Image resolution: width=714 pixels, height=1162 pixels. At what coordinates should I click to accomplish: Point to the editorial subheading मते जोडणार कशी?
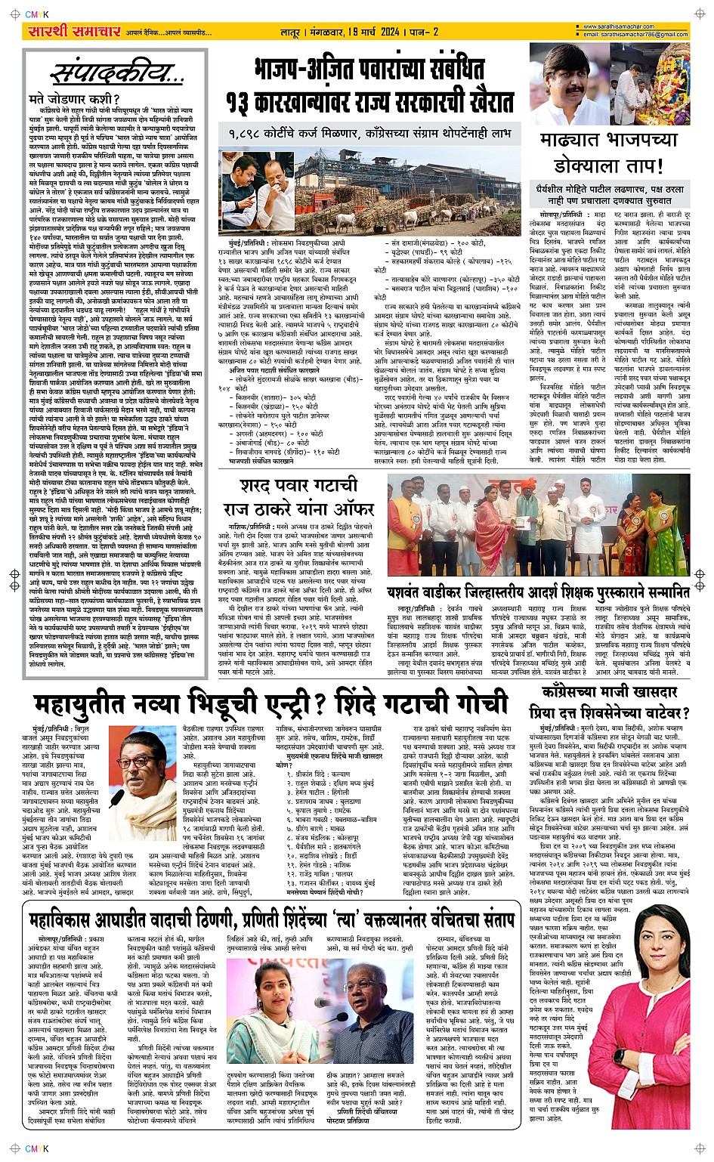[73, 99]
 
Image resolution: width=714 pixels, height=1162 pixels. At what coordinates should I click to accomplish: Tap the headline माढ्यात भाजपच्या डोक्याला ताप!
[608, 152]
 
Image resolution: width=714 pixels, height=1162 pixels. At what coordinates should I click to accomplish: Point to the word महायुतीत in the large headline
[103, 703]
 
